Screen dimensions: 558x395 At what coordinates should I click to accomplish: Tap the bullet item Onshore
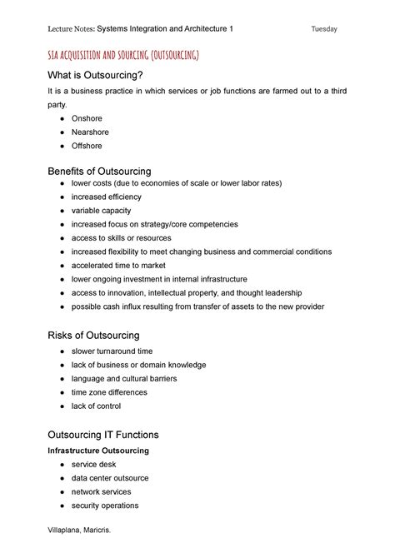pos(87,119)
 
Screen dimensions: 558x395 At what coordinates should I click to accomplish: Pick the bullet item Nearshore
pos(91,132)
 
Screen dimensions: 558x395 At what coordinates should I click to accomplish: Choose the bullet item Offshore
pos(87,146)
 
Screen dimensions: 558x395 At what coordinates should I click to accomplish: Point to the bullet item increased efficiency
pos(107,197)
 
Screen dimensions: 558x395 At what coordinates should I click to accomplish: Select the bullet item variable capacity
pos(101,211)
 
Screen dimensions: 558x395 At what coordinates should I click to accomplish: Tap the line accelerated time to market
pos(118,265)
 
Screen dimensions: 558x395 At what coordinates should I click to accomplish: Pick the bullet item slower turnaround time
pos(112,351)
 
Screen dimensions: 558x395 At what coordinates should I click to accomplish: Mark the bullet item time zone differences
pos(109,392)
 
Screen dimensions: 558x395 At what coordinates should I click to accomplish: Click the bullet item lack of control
pos(97,406)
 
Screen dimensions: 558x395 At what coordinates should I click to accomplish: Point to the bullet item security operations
pos(105,505)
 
